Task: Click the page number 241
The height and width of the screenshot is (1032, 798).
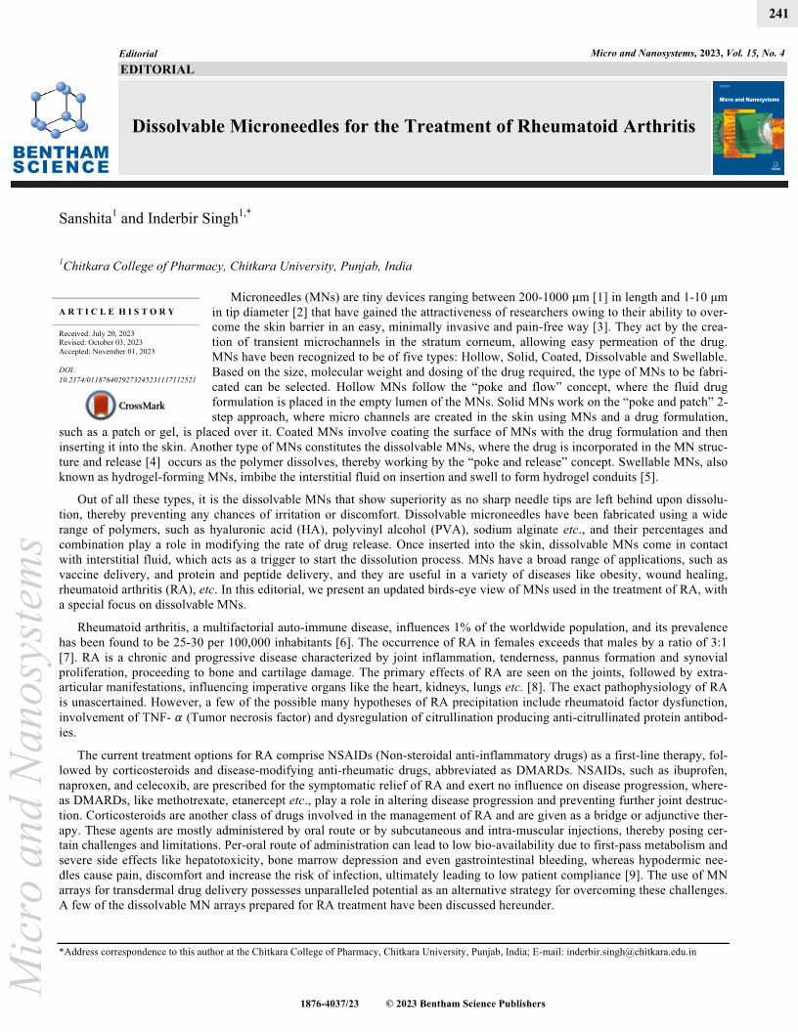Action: [778, 13]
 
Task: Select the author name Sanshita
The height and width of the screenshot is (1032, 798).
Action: [87, 219]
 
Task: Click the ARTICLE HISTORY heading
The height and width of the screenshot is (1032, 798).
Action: [117, 312]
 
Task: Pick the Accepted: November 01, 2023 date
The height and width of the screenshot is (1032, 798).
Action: [107, 352]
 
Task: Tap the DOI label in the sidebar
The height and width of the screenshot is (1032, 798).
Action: [66, 369]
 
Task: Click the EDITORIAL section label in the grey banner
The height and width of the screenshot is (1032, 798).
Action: [156, 69]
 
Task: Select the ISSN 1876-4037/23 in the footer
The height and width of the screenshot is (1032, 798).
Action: [334, 1004]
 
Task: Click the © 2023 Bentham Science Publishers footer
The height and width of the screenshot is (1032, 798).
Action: [465, 1004]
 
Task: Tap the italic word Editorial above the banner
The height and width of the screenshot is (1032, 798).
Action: [138, 51]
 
